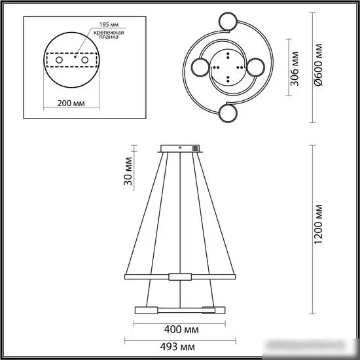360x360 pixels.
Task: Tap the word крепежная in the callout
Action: click(109, 32)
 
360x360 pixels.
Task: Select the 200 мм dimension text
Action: click(71, 103)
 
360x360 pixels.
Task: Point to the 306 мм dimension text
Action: click(295, 69)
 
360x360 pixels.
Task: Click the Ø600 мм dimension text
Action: click(318, 65)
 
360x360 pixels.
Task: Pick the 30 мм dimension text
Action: click(128, 171)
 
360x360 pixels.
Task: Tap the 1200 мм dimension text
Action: click(318, 224)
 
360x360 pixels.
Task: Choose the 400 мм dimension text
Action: click(181, 330)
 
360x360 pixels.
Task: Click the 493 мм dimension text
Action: click(177, 347)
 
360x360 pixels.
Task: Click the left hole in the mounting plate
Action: click(59, 60)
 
